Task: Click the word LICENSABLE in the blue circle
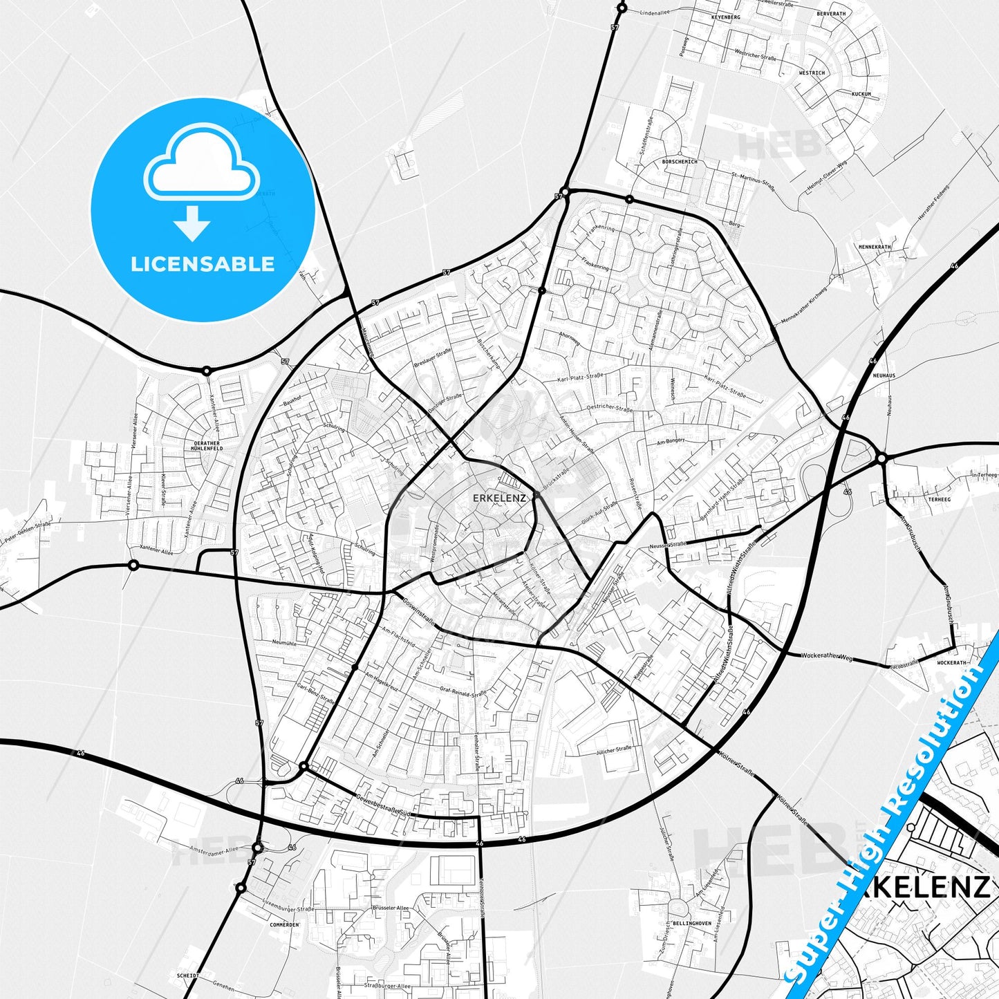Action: tap(203, 264)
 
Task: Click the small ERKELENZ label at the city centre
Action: tap(499, 498)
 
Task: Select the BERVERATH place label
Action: tap(830, 14)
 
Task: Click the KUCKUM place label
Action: tap(861, 93)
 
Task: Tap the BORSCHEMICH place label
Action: tap(680, 162)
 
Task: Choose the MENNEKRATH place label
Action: tap(875, 247)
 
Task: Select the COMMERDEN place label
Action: tap(284, 924)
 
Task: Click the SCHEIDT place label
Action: tap(187, 975)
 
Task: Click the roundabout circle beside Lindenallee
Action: tap(622, 8)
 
